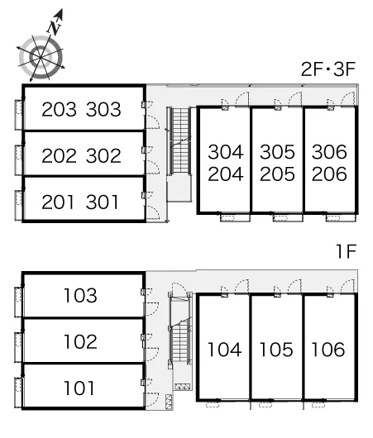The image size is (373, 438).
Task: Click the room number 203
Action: point(59,109)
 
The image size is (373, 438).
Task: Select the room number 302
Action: point(103,155)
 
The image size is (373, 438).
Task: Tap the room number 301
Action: point(103,202)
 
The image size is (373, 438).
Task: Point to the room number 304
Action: point(226,152)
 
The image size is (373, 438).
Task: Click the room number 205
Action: point(277,174)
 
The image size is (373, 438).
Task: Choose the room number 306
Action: point(329,152)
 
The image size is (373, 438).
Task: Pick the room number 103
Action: point(80,296)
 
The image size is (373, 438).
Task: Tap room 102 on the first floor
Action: point(80,341)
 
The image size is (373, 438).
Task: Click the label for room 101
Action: point(79,388)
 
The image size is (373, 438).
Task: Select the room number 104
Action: point(225,350)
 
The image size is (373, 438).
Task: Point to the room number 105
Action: point(276,350)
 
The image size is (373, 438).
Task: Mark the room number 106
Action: point(328,350)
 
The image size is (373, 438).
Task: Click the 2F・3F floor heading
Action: point(328,69)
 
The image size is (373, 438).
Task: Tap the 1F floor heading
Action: point(347,251)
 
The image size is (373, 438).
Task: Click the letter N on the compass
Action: point(55,26)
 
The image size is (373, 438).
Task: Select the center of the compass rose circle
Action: point(41,58)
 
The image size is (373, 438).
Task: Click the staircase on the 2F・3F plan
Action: point(180,141)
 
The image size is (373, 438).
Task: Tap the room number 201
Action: point(58,202)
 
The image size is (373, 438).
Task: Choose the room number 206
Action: point(329,174)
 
